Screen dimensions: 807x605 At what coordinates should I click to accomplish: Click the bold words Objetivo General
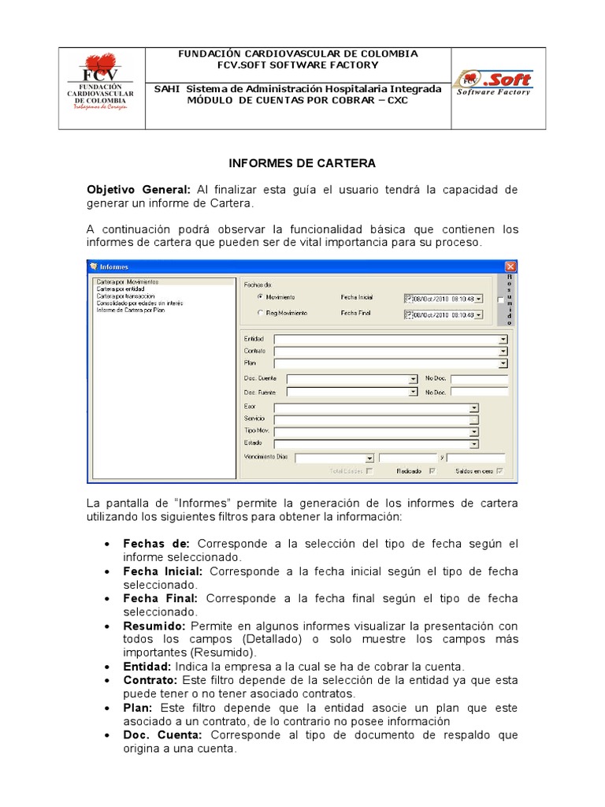tap(139, 190)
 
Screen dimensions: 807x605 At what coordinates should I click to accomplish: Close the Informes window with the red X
tap(510, 267)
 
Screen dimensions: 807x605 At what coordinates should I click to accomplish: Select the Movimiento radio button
tap(260, 298)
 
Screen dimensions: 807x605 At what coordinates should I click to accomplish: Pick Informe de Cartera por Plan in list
tap(130, 310)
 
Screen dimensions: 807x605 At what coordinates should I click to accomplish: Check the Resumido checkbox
tap(500, 300)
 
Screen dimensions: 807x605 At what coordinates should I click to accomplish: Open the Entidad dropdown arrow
tap(503, 338)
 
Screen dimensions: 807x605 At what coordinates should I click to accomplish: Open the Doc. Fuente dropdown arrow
tap(413, 392)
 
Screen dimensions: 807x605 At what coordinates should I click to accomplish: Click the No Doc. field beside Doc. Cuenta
tap(479, 379)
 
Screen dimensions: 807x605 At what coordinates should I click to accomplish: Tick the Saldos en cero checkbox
tap(499, 471)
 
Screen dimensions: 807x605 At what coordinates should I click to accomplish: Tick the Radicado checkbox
tap(431, 471)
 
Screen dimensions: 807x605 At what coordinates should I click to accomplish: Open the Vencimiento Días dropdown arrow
tap(369, 458)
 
